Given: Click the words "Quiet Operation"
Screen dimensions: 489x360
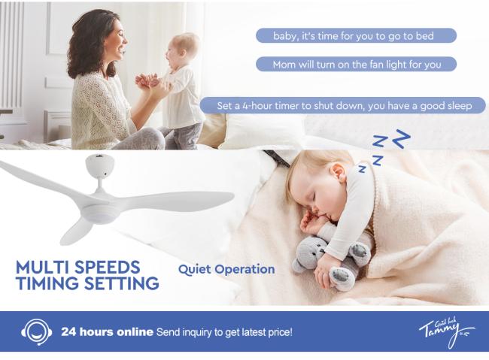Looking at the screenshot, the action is tap(226, 270).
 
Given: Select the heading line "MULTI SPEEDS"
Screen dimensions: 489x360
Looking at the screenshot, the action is tap(78, 267).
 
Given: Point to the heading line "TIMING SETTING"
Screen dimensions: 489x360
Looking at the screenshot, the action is tap(87, 283).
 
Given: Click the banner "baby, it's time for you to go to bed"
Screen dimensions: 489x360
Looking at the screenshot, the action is tap(356, 35).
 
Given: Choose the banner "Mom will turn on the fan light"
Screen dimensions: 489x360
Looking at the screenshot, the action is tap(356, 64).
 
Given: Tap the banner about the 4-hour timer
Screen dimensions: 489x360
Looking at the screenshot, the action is tap(342, 105).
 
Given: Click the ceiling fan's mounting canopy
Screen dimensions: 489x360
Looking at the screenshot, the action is tap(99, 166).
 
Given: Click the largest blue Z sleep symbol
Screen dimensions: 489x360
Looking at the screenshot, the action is tap(401, 139).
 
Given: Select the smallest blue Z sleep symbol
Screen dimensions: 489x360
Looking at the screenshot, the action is tap(362, 168).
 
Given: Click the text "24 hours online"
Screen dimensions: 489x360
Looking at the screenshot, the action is tap(107, 332).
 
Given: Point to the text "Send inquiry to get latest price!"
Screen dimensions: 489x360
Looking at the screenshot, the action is tap(224, 332).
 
